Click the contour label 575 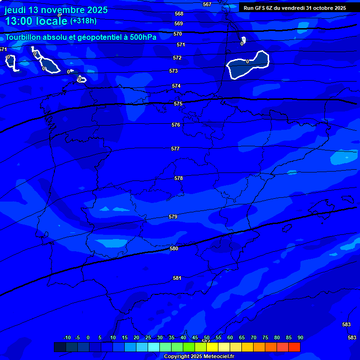click(178, 104)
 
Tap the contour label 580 click(174, 248)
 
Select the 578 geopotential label click(179, 179)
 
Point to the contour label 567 click(207, 4)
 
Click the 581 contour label click(177, 278)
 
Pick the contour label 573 click(173, 71)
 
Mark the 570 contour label click(178, 34)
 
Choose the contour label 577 click(175, 149)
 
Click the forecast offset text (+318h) click(83, 21)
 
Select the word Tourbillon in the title click(24, 37)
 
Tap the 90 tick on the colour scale click(300, 337)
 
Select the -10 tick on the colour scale click(67, 337)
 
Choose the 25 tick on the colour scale click(148, 337)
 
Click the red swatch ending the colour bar click(294, 347)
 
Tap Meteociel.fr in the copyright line click(219, 357)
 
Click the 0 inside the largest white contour click(247, 61)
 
